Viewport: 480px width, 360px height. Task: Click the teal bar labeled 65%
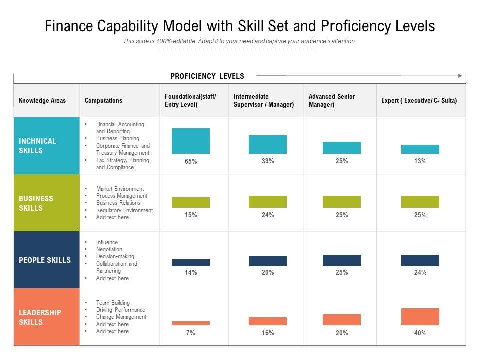click(x=191, y=141)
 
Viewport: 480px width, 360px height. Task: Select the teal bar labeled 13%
click(x=420, y=149)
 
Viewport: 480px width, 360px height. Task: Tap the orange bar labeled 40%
click(x=420, y=317)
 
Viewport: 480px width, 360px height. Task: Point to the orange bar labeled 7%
click(x=191, y=323)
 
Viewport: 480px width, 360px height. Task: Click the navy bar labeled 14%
click(x=191, y=262)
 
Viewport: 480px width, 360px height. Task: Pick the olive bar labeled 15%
click(x=191, y=202)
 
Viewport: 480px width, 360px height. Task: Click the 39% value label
click(x=268, y=161)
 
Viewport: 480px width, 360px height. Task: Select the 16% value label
click(x=268, y=333)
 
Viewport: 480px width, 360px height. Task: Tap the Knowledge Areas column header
click(x=42, y=100)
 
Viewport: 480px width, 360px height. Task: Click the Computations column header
click(x=103, y=100)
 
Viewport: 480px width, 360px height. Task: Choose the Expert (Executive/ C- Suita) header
click(x=419, y=100)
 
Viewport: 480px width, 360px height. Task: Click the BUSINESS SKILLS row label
click(x=36, y=203)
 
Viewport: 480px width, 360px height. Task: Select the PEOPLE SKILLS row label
click(x=45, y=260)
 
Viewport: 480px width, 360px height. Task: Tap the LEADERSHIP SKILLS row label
click(x=40, y=317)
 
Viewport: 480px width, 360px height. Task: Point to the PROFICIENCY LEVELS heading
click(x=207, y=76)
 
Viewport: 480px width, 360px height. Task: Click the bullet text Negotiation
click(x=109, y=249)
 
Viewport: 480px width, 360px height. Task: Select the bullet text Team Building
click(x=113, y=303)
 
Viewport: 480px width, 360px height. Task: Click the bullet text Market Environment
click(x=120, y=189)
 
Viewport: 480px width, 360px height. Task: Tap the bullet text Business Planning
click(x=118, y=138)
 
